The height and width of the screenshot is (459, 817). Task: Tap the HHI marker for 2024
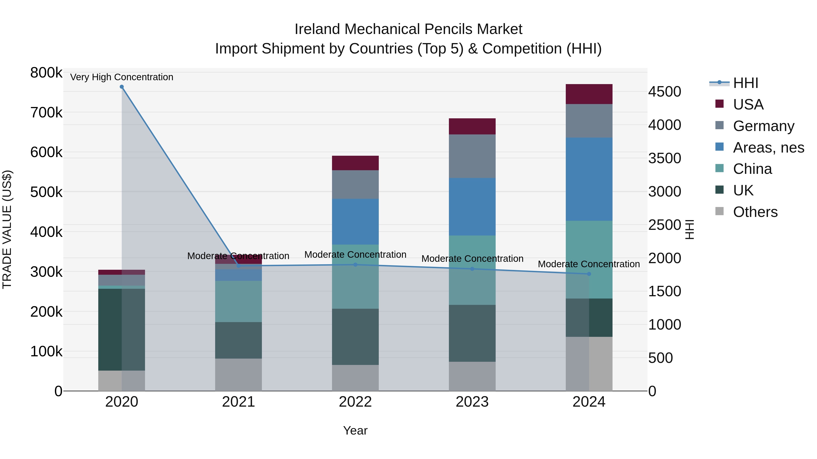[589, 274]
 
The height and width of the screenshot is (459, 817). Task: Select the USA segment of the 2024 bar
[589, 94]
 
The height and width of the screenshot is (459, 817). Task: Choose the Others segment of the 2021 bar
[239, 374]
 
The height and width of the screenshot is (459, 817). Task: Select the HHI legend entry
[745, 83]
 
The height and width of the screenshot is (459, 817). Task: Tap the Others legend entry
[755, 212]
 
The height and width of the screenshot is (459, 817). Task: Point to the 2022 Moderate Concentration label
[355, 255]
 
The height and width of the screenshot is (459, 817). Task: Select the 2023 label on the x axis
[472, 402]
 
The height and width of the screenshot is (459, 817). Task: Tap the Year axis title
[355, 430]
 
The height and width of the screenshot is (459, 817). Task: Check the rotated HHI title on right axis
[689, 229]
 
